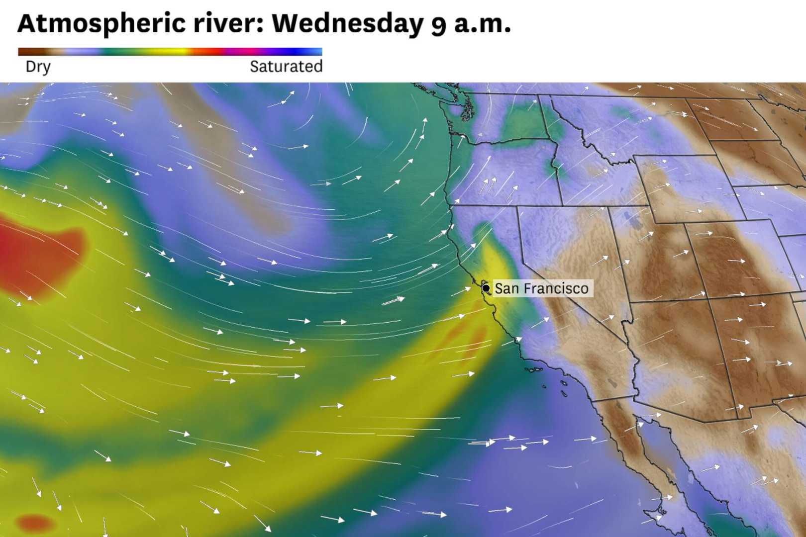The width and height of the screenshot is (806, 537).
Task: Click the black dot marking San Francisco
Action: click(486, 288)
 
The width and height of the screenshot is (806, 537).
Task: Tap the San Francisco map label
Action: click(541, 288)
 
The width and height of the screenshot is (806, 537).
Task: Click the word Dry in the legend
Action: click(38, 67)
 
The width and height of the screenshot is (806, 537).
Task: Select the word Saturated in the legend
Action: click(286, 67)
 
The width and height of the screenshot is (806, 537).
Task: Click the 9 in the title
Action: click(438, 25)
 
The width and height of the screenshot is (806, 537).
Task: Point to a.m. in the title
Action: click(482, 23)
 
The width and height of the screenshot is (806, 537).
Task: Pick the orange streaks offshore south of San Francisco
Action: click(463, 338)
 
